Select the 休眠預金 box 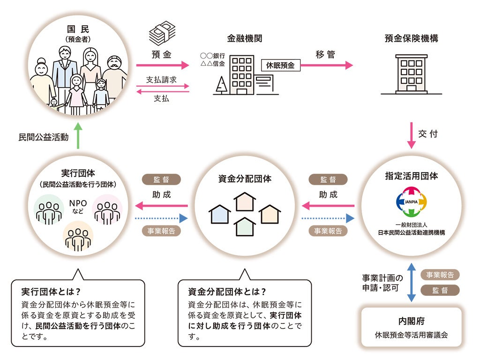click(280, 66)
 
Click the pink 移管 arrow click(326, 66)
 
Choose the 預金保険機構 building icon click(411, 74)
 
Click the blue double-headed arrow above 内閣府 click(411, 282)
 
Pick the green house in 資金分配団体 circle click(245, 227)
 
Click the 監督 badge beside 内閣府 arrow click(440, 290)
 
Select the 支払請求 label click(161, 79)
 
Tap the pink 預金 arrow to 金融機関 click(162, 66)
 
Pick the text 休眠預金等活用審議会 click(411, 335)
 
